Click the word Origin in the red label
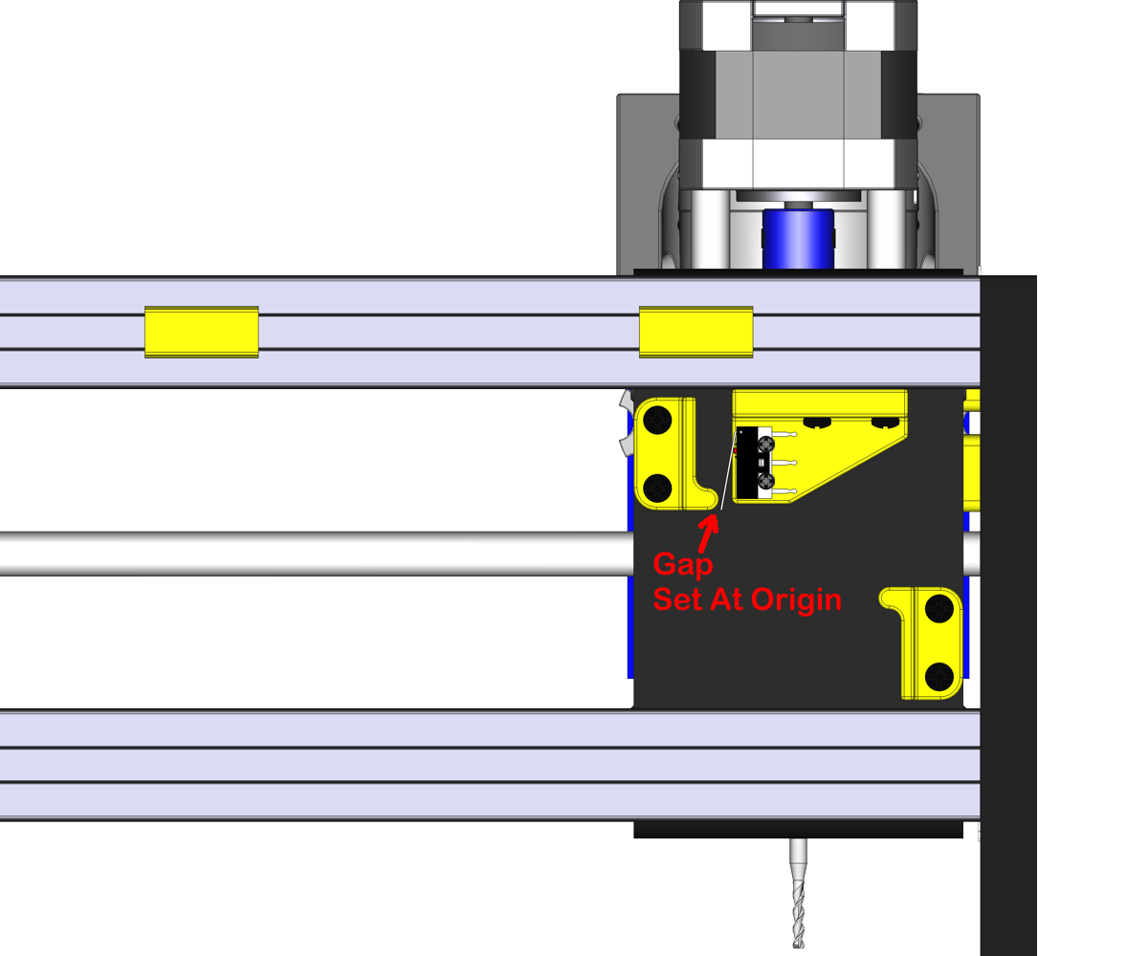[796, 599]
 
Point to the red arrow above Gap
[708, 527]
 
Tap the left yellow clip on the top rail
[201, 332]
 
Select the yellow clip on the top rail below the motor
[695, 332]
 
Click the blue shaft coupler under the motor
[797, 240]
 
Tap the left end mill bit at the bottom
[799, 893]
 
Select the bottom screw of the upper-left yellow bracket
[658, 489]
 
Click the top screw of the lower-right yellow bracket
[941, 606]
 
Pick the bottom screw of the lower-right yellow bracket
[941, 676]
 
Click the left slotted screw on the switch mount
[816, 422]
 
